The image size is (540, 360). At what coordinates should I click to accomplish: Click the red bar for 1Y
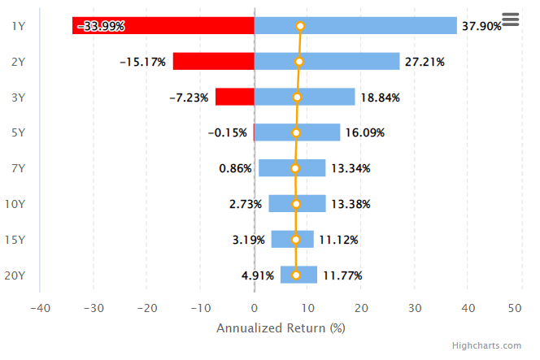(x=163, y=26)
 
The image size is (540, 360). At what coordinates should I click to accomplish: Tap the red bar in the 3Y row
(x=235, y=98)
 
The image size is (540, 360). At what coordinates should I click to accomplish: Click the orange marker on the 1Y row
(x=300, y=26)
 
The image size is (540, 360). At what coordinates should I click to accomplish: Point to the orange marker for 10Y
(x=296, y=204)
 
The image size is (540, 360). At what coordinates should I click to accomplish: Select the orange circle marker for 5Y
(x=296, y=133)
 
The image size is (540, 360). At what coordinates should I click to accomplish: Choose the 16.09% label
(x=364, y=133)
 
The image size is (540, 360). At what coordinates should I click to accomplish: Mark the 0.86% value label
(x=236, y=169)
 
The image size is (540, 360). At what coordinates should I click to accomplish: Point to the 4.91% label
(x=258, y=275)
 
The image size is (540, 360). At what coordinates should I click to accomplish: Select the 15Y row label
(x=15, y=240)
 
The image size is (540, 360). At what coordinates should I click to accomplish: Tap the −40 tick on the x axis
(x=41, y=308)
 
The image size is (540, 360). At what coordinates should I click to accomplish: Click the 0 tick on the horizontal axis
(x=255, y=308)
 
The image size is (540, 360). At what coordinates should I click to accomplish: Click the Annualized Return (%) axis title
(x=281, y=328)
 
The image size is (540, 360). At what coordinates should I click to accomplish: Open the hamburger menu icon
(x=511, y=20)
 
